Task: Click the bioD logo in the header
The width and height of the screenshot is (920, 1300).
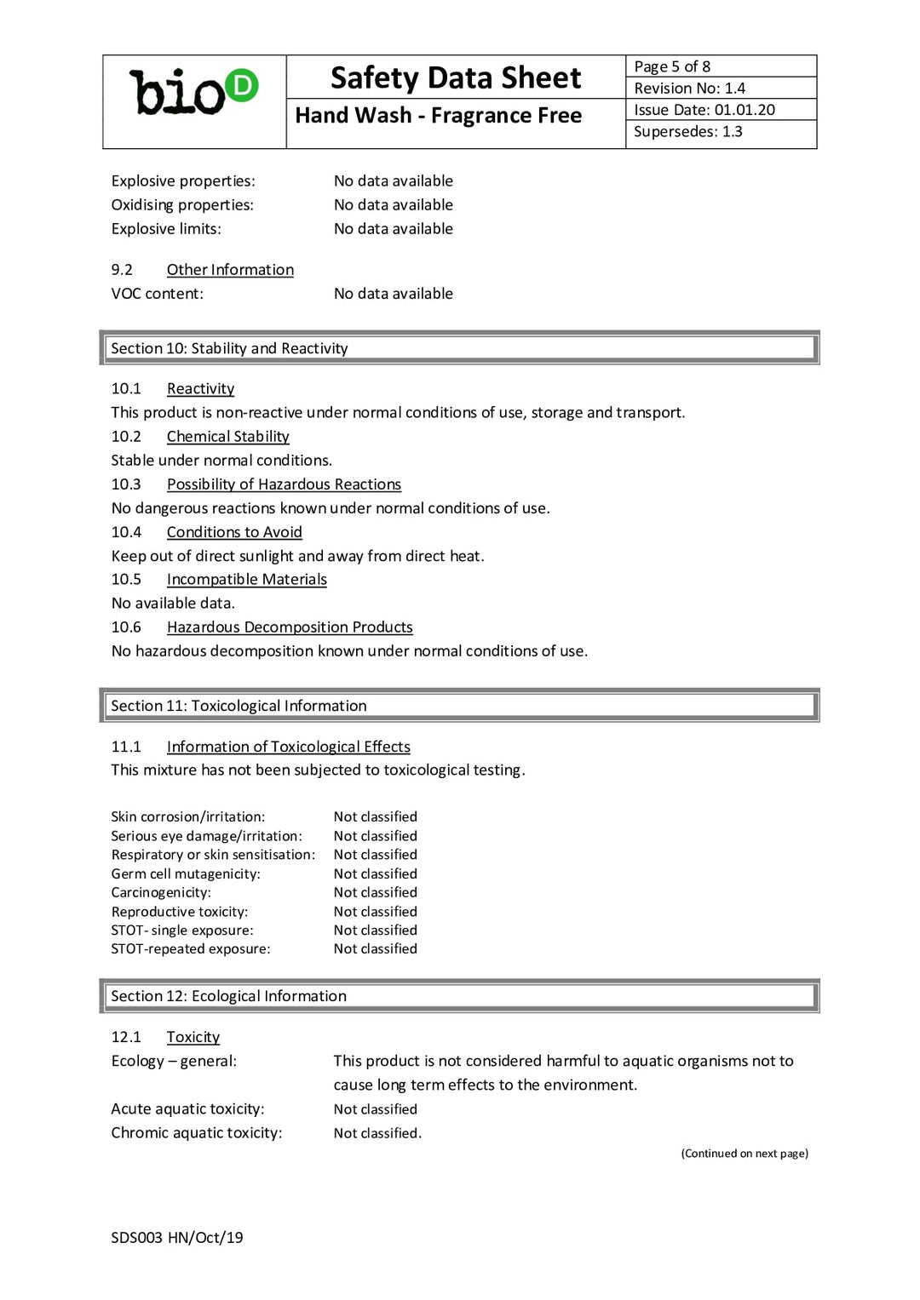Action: (x=193, y=92)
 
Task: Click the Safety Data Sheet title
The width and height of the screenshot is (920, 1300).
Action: (x=456, y=77)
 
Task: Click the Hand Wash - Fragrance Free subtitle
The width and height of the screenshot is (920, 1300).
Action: (x=438, y=115)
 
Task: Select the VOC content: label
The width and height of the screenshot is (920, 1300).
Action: (x=157, y=294)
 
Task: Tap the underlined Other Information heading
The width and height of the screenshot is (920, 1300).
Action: (x=230, y=270)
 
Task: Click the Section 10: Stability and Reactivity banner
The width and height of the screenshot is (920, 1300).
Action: (x=459, y=348)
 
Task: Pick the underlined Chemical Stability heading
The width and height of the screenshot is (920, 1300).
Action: (x=227, y=437)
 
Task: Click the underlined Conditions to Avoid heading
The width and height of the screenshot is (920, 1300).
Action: (x=234, y=532)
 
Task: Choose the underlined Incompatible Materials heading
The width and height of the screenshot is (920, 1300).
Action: (x=246, y=580)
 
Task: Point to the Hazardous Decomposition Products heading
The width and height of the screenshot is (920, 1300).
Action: (x=290, y=627)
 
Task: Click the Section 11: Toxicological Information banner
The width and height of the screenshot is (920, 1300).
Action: (x=459, y=706)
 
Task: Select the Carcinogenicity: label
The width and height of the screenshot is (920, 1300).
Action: (x=161, y=892)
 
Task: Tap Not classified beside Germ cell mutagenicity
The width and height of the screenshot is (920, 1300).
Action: (x=375, y=873)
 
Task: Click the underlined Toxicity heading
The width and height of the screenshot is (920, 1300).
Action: (x=193, y=1037)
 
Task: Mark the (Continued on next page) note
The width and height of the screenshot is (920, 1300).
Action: (x=744, y=1154)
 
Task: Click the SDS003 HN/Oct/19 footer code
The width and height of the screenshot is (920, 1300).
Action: (x=176, y=1238)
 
